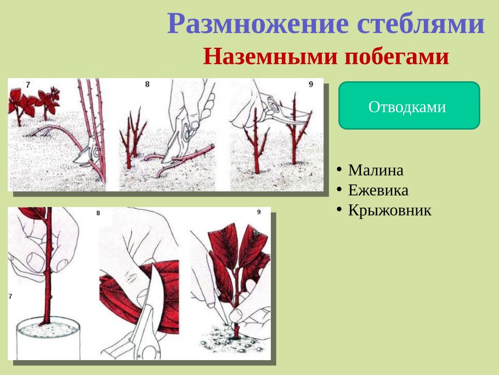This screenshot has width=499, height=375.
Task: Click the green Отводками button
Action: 409,106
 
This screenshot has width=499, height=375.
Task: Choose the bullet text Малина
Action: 376,170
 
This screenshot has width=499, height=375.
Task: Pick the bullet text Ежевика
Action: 378,191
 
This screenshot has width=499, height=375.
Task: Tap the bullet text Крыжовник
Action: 389,210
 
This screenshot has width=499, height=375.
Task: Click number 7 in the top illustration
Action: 28,85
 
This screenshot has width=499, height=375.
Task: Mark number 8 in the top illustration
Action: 147,84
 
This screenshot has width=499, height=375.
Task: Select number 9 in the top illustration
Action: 310,84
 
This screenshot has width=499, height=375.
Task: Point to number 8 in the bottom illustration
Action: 98,213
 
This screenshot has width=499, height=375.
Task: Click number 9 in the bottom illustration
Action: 259,212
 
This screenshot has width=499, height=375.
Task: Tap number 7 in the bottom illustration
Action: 10,296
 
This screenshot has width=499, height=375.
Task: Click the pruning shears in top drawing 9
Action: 280,110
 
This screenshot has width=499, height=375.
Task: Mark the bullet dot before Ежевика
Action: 340,189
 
